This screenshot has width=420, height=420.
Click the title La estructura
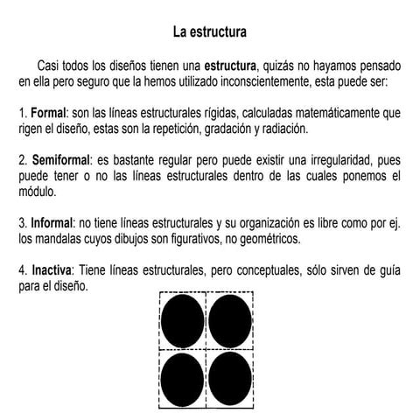coord(209,32)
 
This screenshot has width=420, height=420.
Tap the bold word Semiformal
coord(62,163)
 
